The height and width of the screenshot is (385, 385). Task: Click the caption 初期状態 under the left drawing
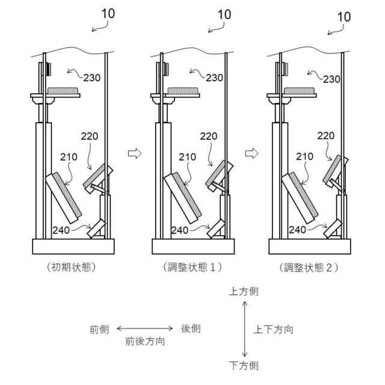(x=71, y=267)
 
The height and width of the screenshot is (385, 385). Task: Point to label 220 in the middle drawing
(x=209, y=137)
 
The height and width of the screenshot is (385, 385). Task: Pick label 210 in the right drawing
(x=305, y=156)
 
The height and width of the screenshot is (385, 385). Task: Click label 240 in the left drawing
(x=62, y=229)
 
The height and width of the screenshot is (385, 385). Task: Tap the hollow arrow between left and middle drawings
(x=134, y=153)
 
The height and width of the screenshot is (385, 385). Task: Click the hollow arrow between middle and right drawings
(x=252, y=153)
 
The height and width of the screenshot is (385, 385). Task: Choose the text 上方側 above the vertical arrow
(x=244, y=292)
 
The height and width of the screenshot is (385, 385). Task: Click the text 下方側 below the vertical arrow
(x=244, y=365)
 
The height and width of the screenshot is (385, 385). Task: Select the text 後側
(x=191, y=328)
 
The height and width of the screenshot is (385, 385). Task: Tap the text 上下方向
(x=274, y=329)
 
